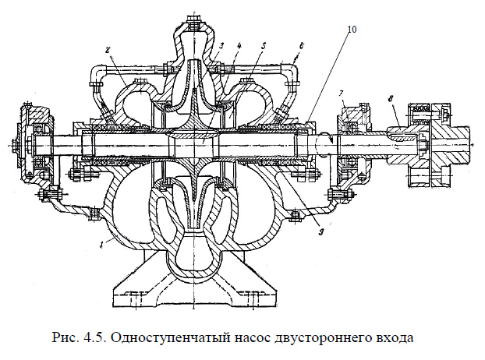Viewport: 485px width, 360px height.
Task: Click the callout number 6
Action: tap(301, 48)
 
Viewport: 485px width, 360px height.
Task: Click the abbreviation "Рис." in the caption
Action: tap(65, 338)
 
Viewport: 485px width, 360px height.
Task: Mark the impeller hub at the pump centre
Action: tap(194, 145)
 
